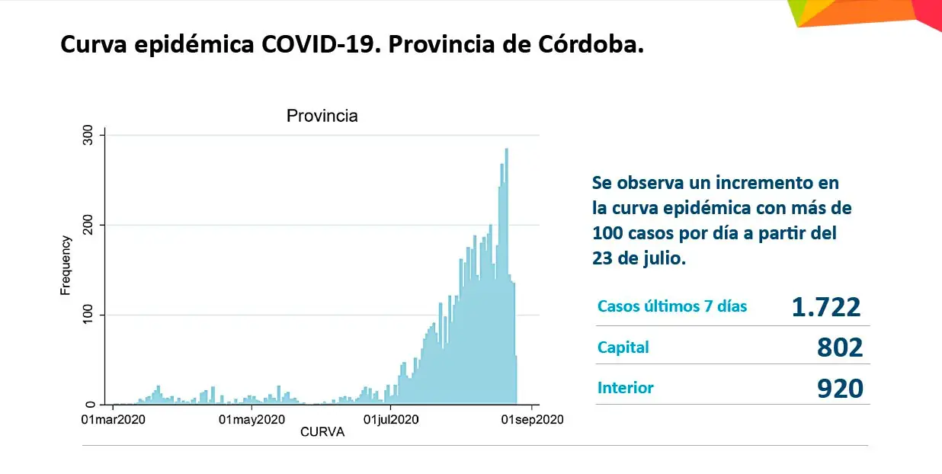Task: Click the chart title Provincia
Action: click(322, 117)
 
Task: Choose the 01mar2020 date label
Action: click(113, 419)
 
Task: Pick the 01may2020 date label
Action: click(252, 419)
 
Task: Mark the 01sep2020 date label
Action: click(531, 419)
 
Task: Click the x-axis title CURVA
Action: click(322, 433)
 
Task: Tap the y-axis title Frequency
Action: click(66, 265)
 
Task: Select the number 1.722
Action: click(826, 307)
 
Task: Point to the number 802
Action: click(840, 347)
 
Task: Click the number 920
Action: click(840, 389)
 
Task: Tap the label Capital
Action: click(623, 347)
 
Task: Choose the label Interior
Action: click(626, 388)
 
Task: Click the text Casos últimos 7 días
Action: click(672, 306)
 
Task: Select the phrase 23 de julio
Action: click(639, 258)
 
